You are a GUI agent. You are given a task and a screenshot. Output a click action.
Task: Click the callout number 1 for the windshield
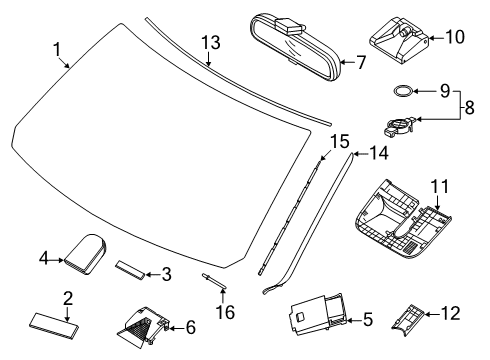[x=57, y=47]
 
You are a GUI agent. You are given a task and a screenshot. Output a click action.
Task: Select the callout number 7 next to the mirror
[x=361, y=62]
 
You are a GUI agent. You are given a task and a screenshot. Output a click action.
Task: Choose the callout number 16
[x=227, y=313]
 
